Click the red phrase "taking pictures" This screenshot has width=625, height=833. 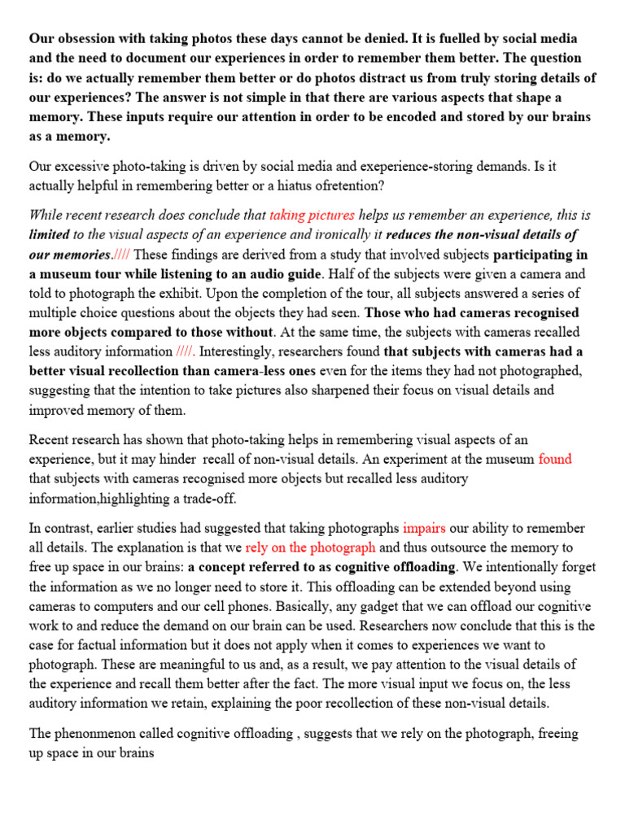click(x=312, y=216)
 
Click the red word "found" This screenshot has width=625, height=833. click(x=555, y=460)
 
